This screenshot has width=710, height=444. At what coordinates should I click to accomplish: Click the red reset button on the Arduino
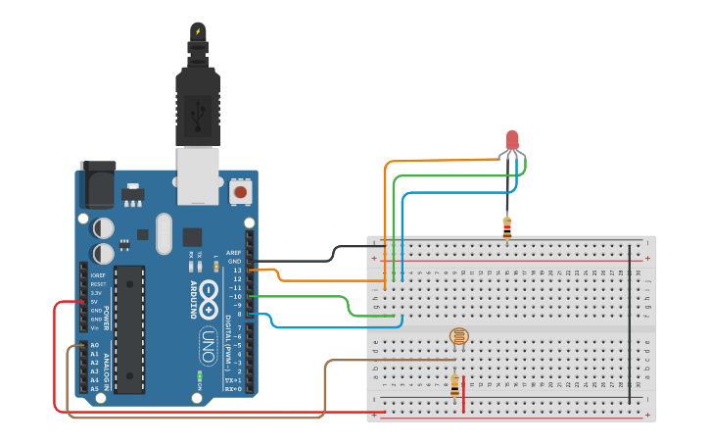click(x=240, y=192)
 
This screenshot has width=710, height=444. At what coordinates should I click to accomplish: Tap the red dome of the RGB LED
click(x=512, y=140)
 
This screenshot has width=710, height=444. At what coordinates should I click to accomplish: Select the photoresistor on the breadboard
click(x=458, y=336)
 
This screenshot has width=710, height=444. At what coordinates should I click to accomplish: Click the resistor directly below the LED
click(x=506, y=227)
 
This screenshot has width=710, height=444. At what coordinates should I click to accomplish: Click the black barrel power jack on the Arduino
click(x=97, y=184)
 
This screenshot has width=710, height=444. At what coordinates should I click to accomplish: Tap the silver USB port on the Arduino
click(x=198, y=175)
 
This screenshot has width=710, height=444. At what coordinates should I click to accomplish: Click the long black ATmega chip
click(x=129, y=324)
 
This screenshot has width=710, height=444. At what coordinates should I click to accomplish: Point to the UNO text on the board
click(x=208, y=345)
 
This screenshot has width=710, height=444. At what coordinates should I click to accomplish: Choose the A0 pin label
click(x=95, y=345)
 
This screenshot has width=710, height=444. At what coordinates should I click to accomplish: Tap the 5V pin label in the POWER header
click(x=95, y=302)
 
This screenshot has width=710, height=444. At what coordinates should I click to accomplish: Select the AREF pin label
click(x=233, y=252)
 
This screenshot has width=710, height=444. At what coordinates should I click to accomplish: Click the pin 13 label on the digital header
click(x=236, y=270)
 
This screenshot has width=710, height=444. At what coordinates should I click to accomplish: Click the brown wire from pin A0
click(x=196, y=418)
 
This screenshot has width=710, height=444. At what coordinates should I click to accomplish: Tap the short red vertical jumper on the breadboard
click(x=463, y=389)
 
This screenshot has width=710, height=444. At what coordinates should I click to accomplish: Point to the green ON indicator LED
click(x=199, y=374)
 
